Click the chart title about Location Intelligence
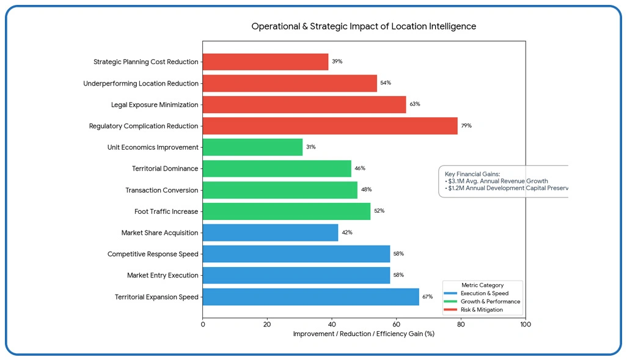(x=364, y=26)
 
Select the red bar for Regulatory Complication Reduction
(x=330, y=126)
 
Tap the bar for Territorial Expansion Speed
(x=310, y=297)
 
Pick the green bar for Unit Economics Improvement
(x=252, y=147)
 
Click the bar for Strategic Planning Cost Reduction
(x=265, y=62)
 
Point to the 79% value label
(x=466, y=126)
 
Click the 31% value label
(x=310, y=147)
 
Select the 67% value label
(x=427, y=297)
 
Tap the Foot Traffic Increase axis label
(x=166, y=211)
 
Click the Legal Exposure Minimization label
(x=155, y=105)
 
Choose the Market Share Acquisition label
(x=159, y=233)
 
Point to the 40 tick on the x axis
(x=332, y=324)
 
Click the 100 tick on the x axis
(x=525, y=324)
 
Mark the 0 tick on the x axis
(x=203, y=324)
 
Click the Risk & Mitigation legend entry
(x=482, y=310)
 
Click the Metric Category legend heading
(x=482, y=285)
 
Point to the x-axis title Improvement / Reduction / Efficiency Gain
(x=364, y=334)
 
